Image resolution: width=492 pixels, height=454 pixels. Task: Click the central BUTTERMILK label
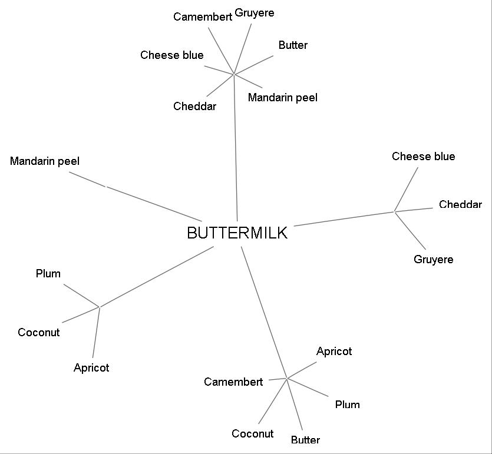tap(237, 233)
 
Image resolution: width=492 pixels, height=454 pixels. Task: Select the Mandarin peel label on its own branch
tap(45, 161)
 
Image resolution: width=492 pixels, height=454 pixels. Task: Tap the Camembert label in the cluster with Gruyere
tap(203, 16)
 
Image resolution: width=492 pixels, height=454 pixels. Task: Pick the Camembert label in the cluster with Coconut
tap(233, 382)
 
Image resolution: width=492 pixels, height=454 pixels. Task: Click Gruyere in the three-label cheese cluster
tap(434, 260)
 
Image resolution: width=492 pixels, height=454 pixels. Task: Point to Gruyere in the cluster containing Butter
tap(255, 13)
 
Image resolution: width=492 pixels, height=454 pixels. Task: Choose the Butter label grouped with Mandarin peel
tap(293, 45)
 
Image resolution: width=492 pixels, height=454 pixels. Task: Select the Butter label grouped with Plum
tap(305, 440)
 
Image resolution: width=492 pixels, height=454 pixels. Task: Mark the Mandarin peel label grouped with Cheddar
tap(282, 98)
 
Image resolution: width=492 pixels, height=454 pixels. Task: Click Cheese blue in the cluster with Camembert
tap(172, 55)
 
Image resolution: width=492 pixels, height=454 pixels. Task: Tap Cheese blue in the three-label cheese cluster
tap(423, 157)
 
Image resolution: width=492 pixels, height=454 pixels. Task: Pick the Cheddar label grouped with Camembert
tap(194, 107)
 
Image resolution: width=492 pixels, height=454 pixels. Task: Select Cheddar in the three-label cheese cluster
tap(460, 205)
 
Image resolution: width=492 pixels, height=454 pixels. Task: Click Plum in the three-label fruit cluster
tap(48, 274)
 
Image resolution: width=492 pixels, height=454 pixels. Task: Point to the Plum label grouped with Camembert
tap(347, 405)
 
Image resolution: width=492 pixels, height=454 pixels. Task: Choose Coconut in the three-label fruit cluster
tap(39, 333)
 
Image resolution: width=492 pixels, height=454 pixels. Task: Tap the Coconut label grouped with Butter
tap(252, 434)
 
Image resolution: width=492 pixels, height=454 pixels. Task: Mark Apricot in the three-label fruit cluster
tap(91, 368)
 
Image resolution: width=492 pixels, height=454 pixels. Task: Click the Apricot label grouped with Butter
tap(334, 352)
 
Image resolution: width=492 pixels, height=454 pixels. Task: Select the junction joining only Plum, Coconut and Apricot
tap(100, 307)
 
